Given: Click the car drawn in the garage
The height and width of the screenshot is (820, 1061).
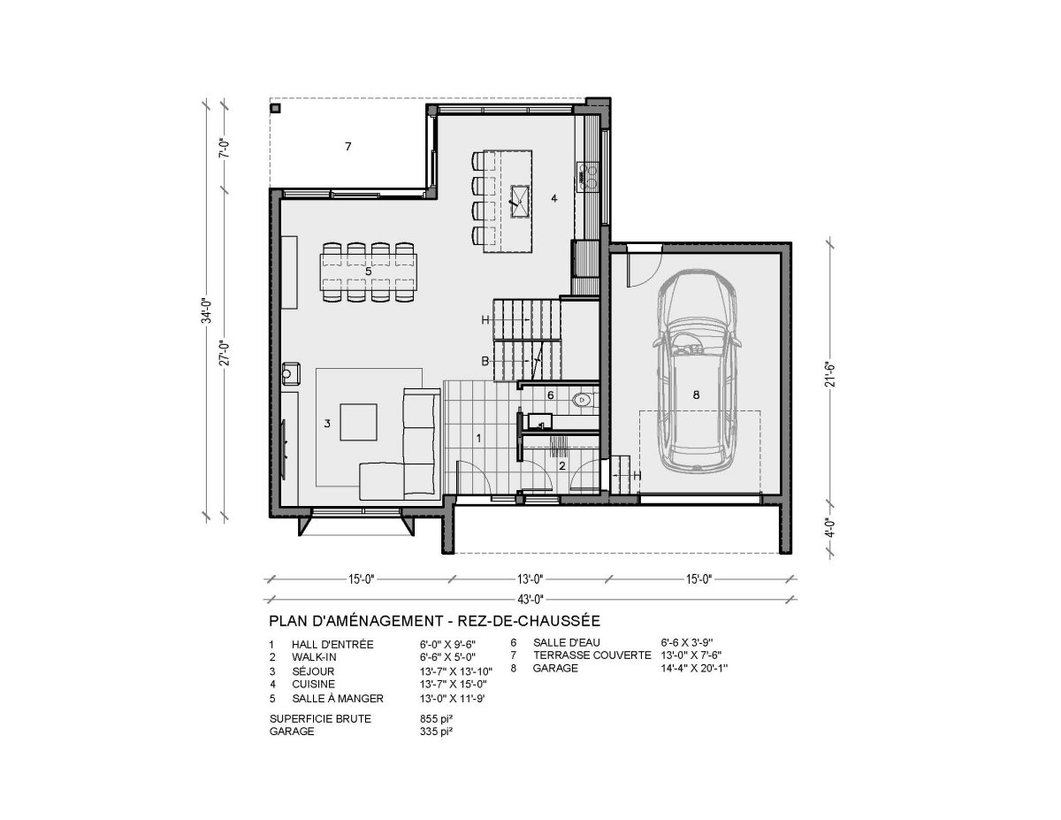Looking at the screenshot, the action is coord(696,372).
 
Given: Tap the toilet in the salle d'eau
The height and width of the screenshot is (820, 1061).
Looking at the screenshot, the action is coord(584,400).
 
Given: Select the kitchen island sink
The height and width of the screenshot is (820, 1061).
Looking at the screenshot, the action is coord(520,200).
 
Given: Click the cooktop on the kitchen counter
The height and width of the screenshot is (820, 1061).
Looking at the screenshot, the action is coord(588,177).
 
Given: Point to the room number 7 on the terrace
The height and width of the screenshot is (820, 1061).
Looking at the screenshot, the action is coord(347,146).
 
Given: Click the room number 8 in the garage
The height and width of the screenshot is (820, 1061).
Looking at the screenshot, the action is coord(696,395).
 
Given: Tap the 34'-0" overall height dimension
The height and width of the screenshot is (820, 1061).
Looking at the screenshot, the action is coord(208,311).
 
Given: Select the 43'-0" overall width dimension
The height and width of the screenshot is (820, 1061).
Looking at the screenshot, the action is coord(530,598).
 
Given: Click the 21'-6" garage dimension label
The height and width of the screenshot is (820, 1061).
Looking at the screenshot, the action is coord(830,375).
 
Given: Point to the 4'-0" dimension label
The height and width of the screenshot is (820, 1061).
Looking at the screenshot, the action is coord(830,527).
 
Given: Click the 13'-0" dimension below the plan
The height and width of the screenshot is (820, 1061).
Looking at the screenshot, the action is coord(530,579).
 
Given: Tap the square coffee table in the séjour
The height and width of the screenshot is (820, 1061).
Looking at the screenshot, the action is coord(358,422).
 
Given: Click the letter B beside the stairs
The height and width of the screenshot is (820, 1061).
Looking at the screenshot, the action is coord(485,361).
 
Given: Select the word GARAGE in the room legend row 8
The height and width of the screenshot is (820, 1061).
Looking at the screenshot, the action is coord(555,668).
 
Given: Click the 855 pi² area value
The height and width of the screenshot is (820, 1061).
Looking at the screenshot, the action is coord(436,718).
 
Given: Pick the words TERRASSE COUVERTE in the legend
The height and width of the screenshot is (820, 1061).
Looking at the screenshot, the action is coord(592,655).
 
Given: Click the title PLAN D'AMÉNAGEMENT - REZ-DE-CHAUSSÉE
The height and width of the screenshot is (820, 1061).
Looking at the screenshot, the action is coord(434,621).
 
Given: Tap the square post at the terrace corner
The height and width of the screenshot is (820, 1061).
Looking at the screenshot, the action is coord(275,108).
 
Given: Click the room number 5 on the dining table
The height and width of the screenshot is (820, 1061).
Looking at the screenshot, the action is coord(368,271).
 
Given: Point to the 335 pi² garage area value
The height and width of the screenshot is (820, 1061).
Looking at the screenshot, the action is coord(436,732).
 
